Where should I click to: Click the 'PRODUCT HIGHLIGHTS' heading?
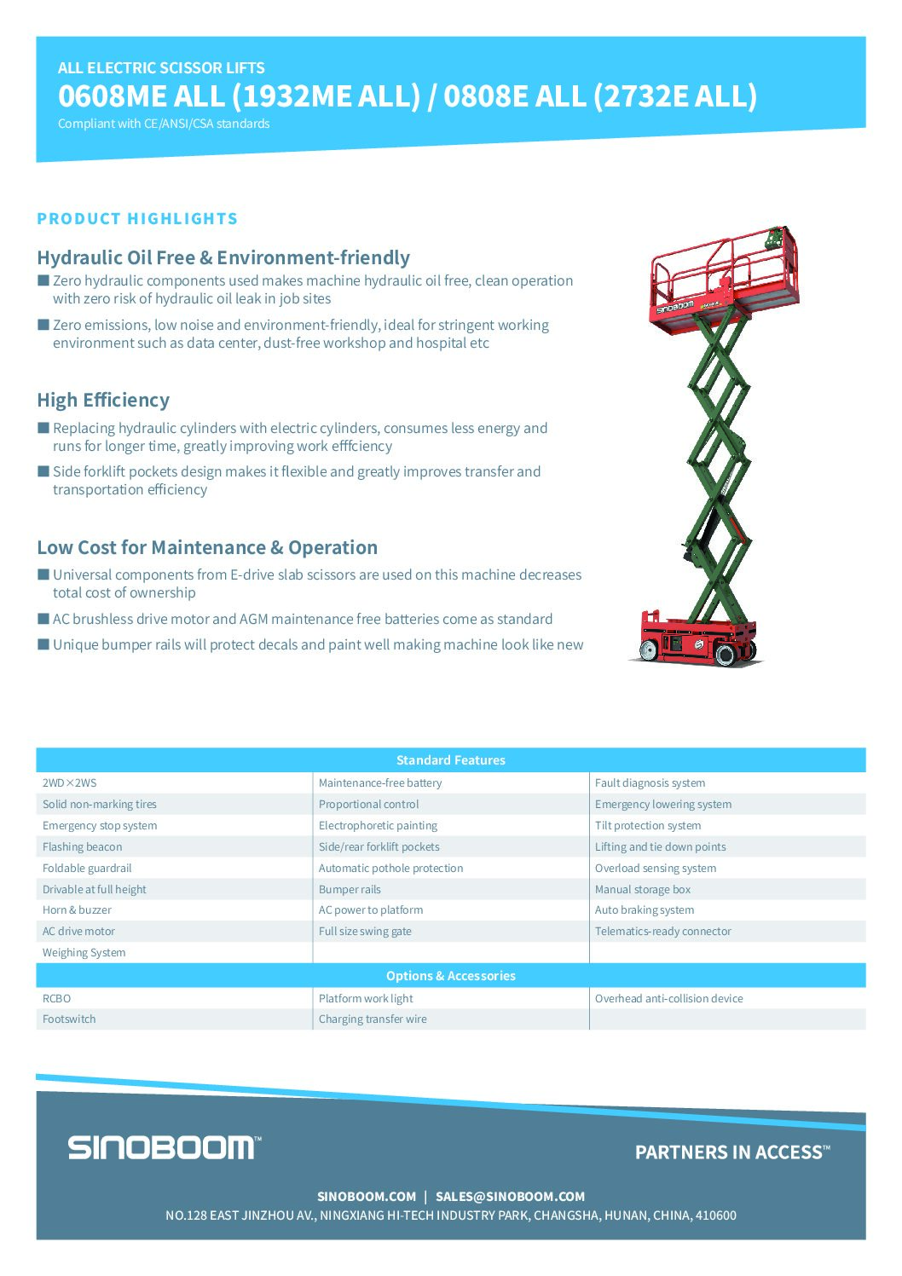137,219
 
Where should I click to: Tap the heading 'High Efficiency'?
103,400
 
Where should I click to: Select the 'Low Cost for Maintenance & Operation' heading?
207,547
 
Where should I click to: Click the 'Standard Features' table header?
450,759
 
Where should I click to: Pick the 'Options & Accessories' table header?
450,975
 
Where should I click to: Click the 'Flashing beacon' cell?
83,846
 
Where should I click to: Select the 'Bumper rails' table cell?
350,889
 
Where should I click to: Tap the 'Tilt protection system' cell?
648,825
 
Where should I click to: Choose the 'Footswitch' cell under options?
69,1019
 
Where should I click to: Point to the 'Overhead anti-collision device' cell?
668,998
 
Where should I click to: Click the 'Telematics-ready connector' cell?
662,931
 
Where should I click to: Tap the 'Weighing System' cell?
84,952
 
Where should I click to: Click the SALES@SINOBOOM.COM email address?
510,1196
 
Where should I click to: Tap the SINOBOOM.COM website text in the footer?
367,1196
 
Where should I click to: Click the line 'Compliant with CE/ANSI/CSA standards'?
164,124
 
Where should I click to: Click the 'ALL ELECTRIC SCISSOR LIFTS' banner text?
161,68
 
